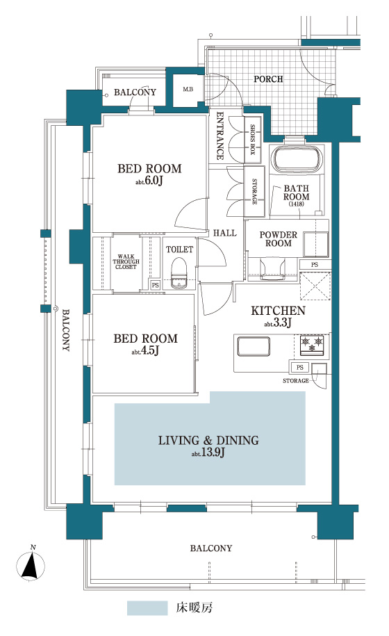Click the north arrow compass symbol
click(x=31, y=564)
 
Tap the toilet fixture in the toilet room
click(x=179, y=273)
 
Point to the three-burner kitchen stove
click(x=312, y=345)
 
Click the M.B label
click(x=188, y=89)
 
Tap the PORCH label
click(x=268, y=79)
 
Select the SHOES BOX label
click(x=252, y=140)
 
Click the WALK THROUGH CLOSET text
click(x=126, y=262)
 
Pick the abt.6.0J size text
click(x=149, y=181)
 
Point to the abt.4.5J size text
click(x=145, y=350)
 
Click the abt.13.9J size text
click(x=208, y=452)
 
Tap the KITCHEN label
click(x=278, y=311)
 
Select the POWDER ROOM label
click(x=279, y=239)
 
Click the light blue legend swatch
click(x=147, y=608)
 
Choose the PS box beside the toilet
click(x=155, y=285)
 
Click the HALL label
click(x=225, y=233)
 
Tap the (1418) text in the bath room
click(x=296, y=204)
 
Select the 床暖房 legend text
click(x=194, y=608)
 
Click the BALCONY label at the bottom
click(x=211, y=548)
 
